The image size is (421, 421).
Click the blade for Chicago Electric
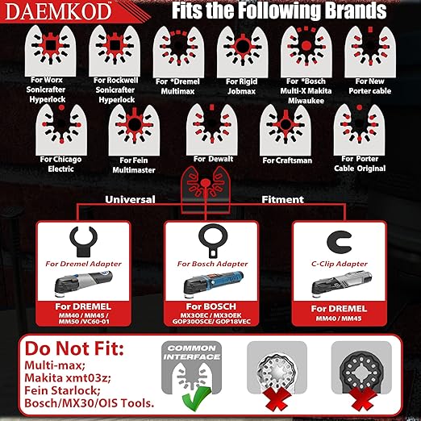(57, 126)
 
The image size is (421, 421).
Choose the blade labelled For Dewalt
(210, 123)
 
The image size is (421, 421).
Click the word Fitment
(281, 198)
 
